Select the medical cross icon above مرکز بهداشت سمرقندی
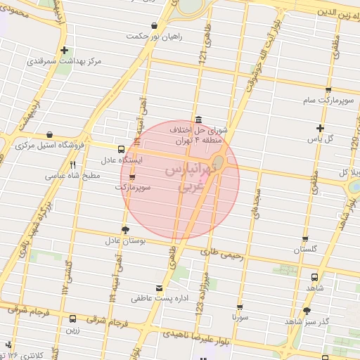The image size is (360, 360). pos(65,50)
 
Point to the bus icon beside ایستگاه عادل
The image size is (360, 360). pos(122,149)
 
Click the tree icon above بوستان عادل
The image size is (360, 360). pos(126,230)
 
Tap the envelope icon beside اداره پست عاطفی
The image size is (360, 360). pos(160,288)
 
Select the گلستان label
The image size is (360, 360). pos(304,250)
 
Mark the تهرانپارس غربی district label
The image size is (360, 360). pos(180,180)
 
